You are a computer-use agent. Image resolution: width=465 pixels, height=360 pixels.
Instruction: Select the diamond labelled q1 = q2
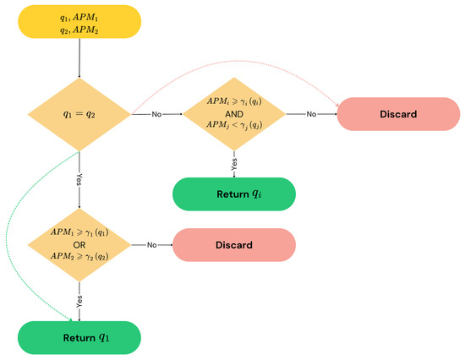pos(79,113)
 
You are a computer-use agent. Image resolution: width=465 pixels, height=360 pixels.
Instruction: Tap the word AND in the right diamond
pos(232,113)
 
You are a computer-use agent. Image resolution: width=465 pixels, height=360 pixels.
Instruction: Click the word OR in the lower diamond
pos(79,245)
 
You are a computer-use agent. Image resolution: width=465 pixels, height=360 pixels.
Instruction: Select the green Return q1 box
pos(79,337)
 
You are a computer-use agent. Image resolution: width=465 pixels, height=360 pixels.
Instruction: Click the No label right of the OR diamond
pos(152,245)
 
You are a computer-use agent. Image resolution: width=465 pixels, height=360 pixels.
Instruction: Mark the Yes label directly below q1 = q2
pos(79,179)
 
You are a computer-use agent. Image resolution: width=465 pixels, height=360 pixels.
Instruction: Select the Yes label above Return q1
pos(79,298)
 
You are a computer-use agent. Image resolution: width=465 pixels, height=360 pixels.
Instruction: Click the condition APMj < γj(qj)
pos(232,126)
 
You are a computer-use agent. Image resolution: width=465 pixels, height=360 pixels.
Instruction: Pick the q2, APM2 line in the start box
pos(79,29)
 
